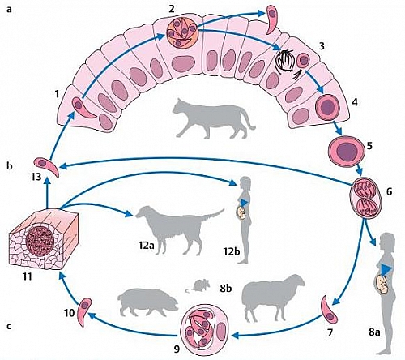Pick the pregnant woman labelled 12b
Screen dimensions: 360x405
245,215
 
